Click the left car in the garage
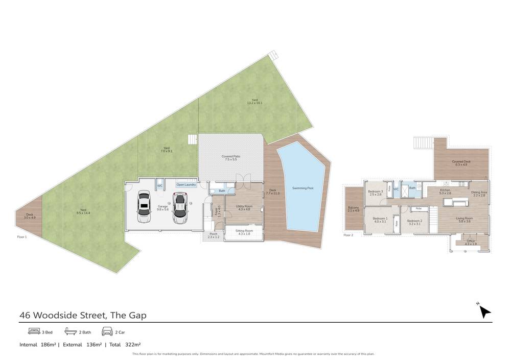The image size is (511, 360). (145, 207)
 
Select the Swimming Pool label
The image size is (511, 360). (303, 188)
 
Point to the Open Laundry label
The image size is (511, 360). (186, 184)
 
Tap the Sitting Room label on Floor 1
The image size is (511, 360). (244, 232)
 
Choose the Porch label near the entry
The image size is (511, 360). (213, 236)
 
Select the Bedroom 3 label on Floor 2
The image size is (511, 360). (375, 193)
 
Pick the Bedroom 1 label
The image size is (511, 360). (380, 220)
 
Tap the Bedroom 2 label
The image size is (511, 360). (414, 222)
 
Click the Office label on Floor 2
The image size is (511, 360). (471, 243)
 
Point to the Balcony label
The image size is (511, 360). (353, 209)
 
